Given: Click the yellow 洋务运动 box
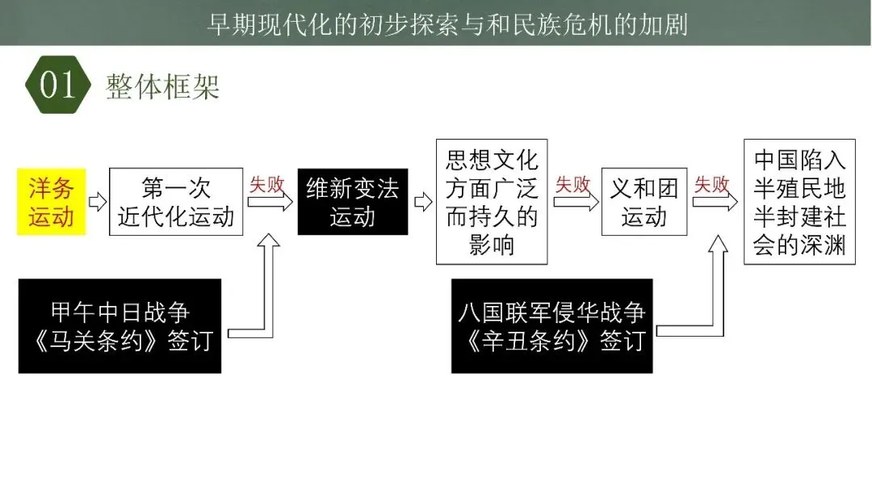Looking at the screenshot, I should coord(51,202).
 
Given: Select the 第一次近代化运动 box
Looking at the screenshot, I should coord(176,202).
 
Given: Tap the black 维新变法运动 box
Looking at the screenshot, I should coord(353,202).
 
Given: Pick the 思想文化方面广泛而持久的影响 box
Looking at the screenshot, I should coord(492,202).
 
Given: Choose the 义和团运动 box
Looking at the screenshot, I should coord(644,202).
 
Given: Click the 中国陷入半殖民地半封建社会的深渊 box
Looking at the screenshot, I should coord(799,202).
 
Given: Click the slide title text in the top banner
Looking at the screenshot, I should coord(447,23).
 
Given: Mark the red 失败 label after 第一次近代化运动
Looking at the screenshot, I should coord(267,185).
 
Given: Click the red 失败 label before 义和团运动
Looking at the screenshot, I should coord(572,185).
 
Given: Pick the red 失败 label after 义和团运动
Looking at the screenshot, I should coord(712,185).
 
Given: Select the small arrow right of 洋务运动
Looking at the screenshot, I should coord(98,202).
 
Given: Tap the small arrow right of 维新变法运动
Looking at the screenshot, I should coord(422,202).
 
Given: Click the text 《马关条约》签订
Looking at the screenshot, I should coord(119,341).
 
